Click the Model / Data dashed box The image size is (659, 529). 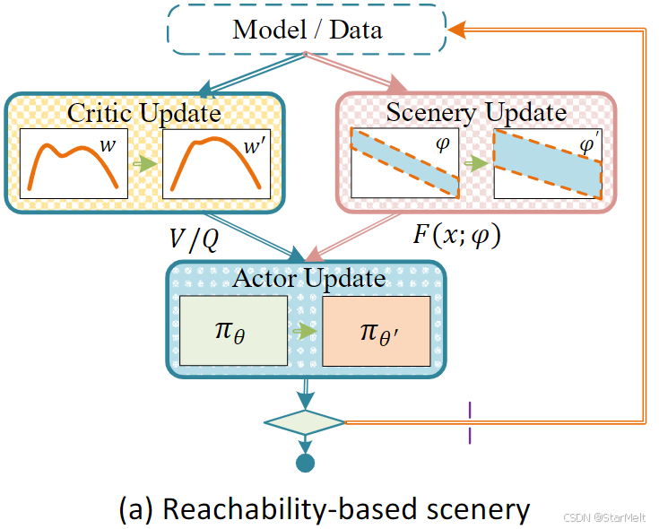tap(307, 30)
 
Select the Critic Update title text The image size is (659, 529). tap(144, 114)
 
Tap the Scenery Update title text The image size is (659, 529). tap(476, 113)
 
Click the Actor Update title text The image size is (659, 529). tap(308, 278)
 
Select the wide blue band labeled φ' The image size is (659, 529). tap(547, 162)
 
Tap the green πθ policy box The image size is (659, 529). tap(234, 330)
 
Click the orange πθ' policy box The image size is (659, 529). tap(376, 331)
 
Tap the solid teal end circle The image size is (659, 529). tap(305, 463)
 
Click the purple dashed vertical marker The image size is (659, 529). tap(470, 421)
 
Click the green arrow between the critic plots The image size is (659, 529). tap(143, 164)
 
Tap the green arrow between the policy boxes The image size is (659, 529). tap(305, 331)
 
